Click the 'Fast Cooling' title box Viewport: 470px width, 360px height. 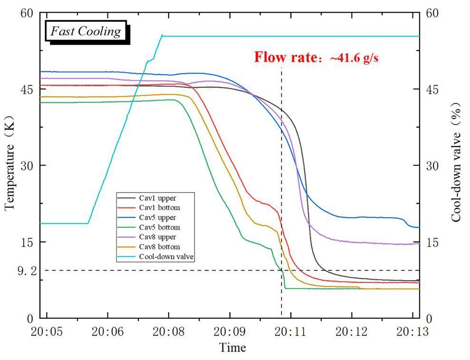point(86,32)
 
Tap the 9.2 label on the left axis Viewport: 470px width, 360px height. point(27,271)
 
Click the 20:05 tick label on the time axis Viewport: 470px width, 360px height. point(47,331)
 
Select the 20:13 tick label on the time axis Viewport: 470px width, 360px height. point(412,331)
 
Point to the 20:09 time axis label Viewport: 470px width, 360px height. point(230,331)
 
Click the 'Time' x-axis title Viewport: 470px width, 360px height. point(232,348)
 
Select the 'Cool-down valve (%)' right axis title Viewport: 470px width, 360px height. point(456,162)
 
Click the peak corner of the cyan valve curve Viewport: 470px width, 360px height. point(162,35)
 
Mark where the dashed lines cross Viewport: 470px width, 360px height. point(281,270)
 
